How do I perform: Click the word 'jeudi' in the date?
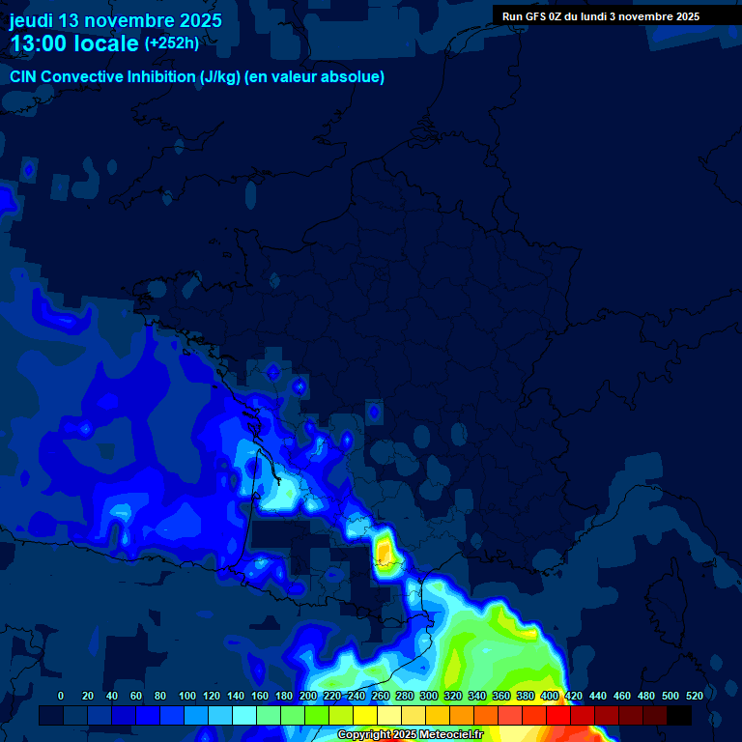[x=31, y=20]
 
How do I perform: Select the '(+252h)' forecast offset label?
[x=172, y=43]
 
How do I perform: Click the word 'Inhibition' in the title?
[x=159, y=76]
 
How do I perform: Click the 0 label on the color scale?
[x=61, y=696]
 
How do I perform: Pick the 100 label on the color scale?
[x=187, y=696]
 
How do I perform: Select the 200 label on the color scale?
[x=308, y=696]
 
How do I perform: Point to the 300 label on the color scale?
[x=429, y=696]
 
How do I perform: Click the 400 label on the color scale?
[x=550, y=696]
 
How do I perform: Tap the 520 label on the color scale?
[x=694, y=696]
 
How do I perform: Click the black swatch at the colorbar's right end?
[x=679, y=716]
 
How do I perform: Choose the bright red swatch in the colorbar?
[x=558, y=716]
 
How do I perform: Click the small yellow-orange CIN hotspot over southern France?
[x=384, y=550]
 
